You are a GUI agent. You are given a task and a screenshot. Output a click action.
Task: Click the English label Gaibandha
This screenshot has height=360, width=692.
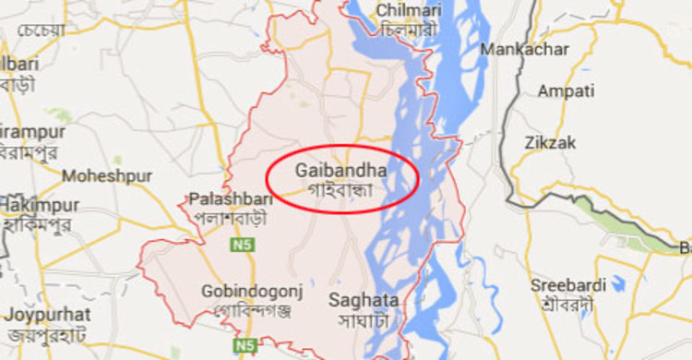[341, 171]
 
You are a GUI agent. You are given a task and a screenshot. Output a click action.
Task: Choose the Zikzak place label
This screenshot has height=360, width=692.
[550, 142]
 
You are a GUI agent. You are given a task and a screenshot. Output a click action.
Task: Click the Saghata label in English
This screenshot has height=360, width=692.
[364, 300]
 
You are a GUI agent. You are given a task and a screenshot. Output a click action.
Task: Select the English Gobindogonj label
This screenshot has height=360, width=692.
[244, 292]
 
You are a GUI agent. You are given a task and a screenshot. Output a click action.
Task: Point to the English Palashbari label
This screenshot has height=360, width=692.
[224, 198]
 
